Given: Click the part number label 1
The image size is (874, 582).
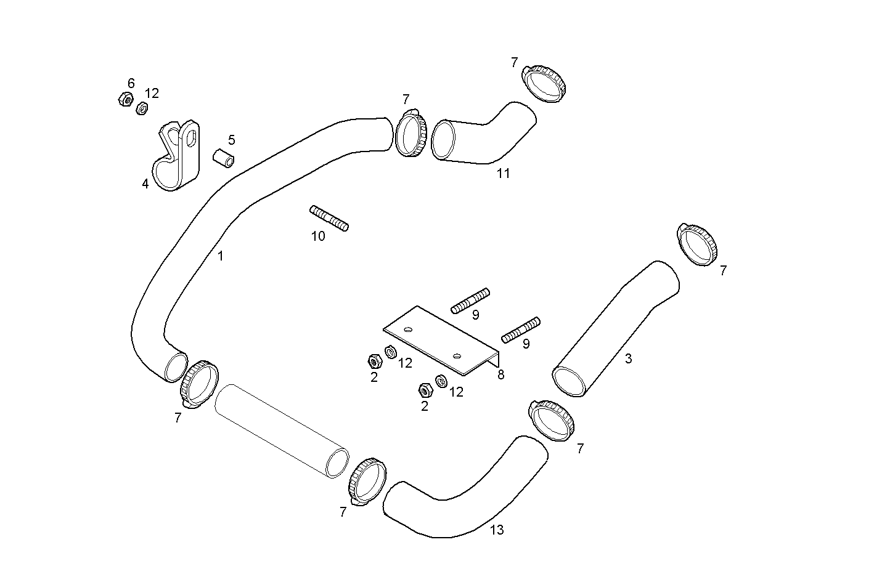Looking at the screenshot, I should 221,256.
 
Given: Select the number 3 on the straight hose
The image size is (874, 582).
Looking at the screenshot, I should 628,358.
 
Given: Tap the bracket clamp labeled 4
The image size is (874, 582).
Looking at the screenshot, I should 178,157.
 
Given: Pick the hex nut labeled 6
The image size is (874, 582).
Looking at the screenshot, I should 125,99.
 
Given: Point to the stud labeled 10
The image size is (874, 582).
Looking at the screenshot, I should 329,219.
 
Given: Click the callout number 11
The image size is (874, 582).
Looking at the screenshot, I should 504,174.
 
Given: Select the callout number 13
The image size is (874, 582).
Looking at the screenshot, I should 497,530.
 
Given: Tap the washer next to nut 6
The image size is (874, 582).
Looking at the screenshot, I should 141,108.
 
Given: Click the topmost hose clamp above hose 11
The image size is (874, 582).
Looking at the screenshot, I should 544,83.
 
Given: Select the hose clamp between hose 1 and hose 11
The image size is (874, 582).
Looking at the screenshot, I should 410,133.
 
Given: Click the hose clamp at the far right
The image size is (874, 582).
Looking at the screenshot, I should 698,245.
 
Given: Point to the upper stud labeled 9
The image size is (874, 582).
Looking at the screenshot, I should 470,300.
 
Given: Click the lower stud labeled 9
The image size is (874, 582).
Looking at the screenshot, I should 521,330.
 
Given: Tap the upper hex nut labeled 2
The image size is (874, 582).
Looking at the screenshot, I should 374,360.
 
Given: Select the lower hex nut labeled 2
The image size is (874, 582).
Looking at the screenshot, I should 424,389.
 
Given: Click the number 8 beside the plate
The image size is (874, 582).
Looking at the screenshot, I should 500,374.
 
